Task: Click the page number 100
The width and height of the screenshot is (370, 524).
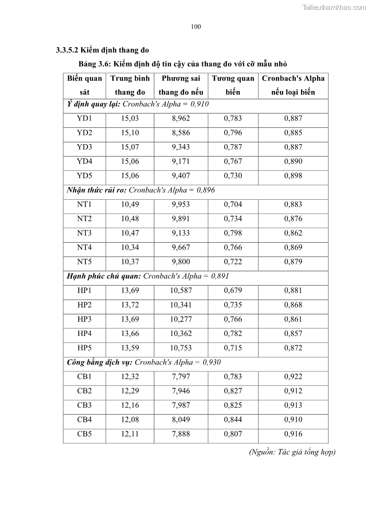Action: pos(196,27)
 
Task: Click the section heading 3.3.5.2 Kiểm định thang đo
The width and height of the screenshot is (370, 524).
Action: pos(102,49)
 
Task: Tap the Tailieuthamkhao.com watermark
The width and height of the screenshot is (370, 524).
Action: pos(334,7)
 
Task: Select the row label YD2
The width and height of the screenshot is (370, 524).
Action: pos(84,133)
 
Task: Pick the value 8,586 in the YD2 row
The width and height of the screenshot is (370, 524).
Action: pos(181,133)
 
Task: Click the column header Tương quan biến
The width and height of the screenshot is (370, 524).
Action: pos(233,85)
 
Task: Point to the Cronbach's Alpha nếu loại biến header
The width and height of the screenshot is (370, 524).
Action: pos(293,85)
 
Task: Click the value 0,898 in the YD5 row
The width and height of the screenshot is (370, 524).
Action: pos(293,176)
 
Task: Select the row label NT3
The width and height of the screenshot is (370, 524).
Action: pos(84,233)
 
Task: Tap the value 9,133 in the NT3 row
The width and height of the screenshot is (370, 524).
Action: pos(181,233)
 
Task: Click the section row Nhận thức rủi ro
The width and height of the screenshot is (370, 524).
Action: pos(141,190)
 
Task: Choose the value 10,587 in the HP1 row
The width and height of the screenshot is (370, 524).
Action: pos(181,291)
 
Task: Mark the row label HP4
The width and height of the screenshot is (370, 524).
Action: pos(84,334)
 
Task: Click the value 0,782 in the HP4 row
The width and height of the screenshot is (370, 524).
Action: pos(233,334)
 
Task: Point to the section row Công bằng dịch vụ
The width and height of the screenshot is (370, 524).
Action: pos(144,362)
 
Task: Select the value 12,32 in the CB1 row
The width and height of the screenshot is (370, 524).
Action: pos(130,377)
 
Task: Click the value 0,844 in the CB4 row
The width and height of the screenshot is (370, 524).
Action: pos(233,419)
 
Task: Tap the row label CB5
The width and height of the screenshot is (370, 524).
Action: pos(84,434)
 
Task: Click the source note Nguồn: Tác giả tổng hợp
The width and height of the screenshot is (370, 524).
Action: pos(292,452)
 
